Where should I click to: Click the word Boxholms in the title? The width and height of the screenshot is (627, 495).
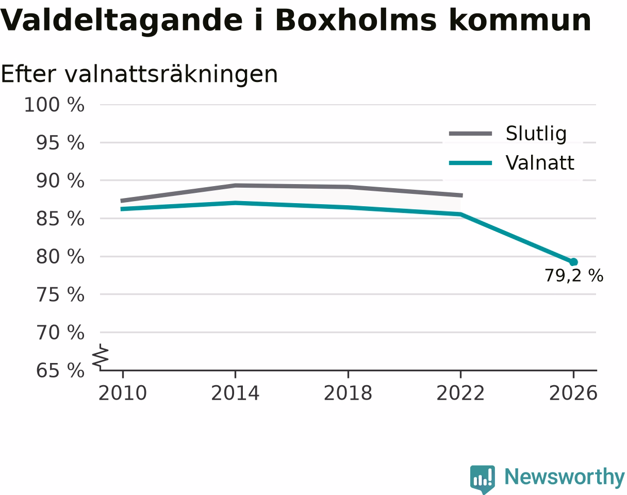pyautogui.click(x=356, y=21)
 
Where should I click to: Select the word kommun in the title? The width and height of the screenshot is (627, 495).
pyautogui.click(x=520, y=21)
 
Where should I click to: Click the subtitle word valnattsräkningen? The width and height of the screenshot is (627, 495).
pyautogui.click(x=171, y=74)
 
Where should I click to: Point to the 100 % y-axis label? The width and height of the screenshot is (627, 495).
pyautogui.click(x=55, y=105)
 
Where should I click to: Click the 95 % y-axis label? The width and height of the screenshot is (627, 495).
pyautogui.click(x=60, y=143)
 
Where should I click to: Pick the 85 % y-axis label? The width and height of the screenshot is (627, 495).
pyautogui.click(x=60, y=219)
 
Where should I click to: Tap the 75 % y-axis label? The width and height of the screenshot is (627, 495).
pyautogui.click(x=60, y=295)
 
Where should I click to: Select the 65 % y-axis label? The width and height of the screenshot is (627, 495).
pyautogui.click(x=60, y=371)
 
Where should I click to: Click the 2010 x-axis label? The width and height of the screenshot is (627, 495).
pyautogui.click(x=123, y=393)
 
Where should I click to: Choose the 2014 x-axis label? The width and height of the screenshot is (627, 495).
pyautogui.click(x=235, y=393)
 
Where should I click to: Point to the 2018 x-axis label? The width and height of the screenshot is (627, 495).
pyautogui.click(x=348, y=393)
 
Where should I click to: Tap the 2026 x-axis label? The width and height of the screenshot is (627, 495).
pyautogui.click(x=573, y=393)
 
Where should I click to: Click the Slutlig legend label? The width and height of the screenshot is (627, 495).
pyautogui.click(x=536, y=134)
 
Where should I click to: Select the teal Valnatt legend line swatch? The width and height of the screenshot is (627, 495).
pyautogui.click(x=470, y=163)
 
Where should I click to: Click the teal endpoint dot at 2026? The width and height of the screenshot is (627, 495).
pyautogui.click(x=573, y=262)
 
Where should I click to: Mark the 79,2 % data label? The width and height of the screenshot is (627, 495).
pyautogui.click(x=574, y=276)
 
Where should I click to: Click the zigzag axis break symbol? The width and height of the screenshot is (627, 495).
pyautogui.click(x=101, y=357)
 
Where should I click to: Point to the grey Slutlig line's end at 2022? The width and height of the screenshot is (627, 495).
pyautogui.click(x=463, y=195)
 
